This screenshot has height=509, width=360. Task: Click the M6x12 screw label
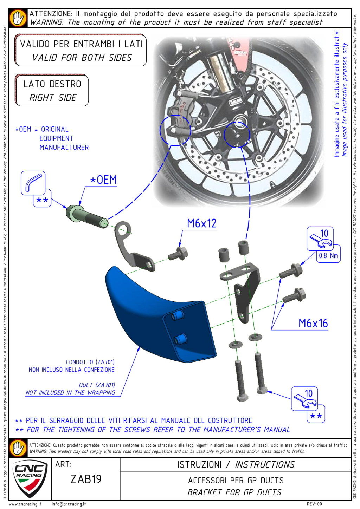coord(201,223)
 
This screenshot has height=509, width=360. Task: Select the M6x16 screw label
coord(313,323)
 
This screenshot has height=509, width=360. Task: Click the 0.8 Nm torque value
coord(328,256)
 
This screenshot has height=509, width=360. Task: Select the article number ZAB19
coord(86,479)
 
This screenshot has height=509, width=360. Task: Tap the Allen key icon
coord(33,182)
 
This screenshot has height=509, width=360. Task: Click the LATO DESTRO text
coord(52,84)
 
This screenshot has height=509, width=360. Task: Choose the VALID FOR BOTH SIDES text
coord(82,58)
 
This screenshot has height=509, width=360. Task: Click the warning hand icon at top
coord(18,18)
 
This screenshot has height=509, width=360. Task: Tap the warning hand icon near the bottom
coord(18,448)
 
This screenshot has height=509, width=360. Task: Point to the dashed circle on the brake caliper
coord(175,130)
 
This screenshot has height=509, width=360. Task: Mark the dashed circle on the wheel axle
coord(237,135)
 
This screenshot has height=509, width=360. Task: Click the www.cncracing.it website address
coord(25,504)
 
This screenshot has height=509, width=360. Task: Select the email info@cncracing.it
coord(69,504)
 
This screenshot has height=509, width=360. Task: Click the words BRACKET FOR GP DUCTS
coord(234,492)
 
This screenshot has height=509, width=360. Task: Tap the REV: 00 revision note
coord(314,504)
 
